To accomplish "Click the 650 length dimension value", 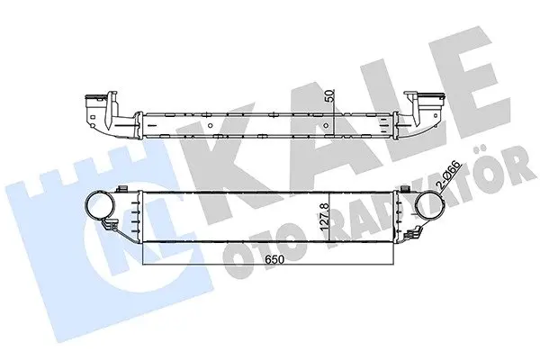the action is tap(274, 259).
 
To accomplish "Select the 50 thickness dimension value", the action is tap(329, 95).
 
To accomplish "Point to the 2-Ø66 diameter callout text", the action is tap(449, 175).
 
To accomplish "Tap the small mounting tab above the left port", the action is tap(122, 188).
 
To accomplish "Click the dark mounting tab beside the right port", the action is tap(407, 190).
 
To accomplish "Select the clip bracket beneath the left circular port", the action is tap(109, 226).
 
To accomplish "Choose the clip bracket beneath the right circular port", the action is tap(413, 233).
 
